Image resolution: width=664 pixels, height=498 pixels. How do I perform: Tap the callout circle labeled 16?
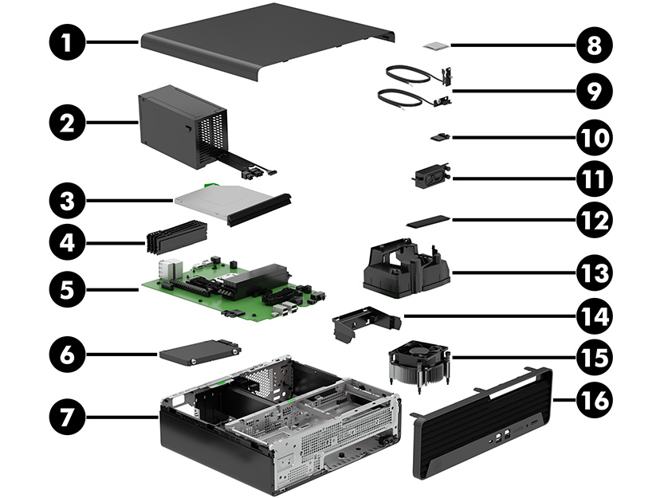(x=592, y=398)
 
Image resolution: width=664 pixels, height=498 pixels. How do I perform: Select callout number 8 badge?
(x=592, y=43)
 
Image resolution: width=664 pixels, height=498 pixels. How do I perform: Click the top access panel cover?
(x=263, y=40)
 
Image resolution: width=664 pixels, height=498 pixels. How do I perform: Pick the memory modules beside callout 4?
(x=176, y=237)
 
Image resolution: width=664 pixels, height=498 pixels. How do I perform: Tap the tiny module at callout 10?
(x=438, y=138)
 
